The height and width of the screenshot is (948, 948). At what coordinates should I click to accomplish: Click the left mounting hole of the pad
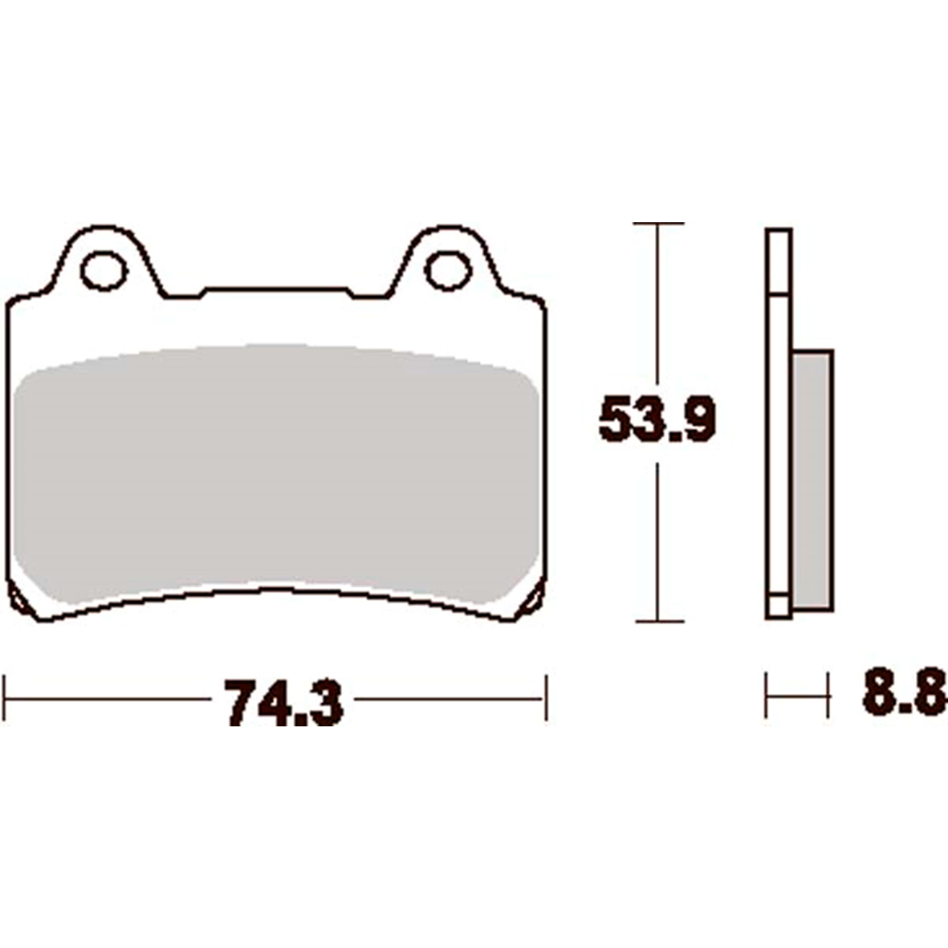tap(104, 271)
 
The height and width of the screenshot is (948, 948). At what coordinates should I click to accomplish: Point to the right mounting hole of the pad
tap(448, 271)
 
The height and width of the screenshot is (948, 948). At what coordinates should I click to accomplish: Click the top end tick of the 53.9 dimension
tap(658, 224)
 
